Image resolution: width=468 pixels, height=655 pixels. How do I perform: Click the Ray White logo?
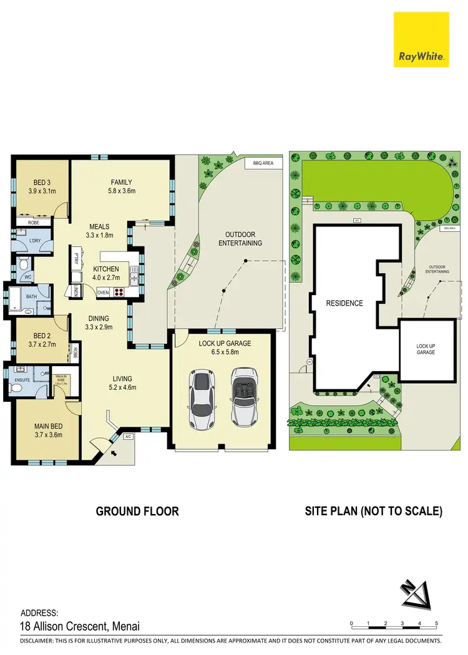(x=421, y=39)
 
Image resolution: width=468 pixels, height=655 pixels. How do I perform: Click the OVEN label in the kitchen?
(x=103, y=292)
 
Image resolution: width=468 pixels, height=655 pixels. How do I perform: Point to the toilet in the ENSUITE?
(x=18, y=387)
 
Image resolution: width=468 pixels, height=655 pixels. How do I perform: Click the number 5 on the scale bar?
(x=436, y=624)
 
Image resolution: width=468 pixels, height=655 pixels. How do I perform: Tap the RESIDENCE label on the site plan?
(x=344, y=304)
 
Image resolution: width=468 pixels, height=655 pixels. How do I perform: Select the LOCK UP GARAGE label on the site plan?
(x=426, y=349)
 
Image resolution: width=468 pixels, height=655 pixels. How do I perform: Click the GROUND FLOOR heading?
(x=137, y=512)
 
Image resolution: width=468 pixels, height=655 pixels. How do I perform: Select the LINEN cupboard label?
(x=76, y=290)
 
